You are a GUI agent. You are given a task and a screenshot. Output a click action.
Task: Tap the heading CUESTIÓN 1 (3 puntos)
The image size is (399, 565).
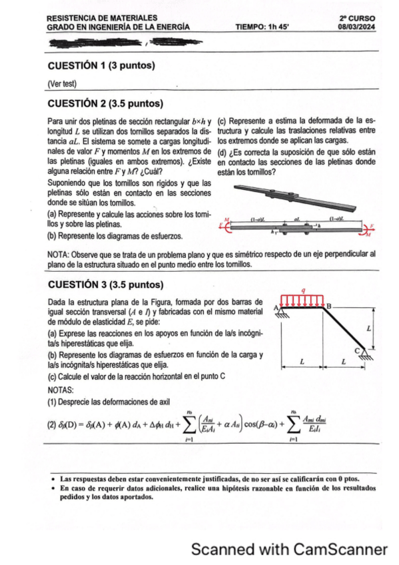coord(102,65)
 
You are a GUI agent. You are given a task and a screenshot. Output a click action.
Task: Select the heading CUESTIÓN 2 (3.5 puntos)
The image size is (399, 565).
coord(106,103)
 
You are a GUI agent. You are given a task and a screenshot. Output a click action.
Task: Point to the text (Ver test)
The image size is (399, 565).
coord(63,83)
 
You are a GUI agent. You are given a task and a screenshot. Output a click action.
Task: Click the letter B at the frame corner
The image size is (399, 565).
coord(327,306)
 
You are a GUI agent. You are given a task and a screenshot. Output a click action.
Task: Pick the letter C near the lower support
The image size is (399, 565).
coord(357,350)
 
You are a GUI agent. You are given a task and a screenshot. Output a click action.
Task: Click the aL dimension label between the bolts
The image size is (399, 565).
coord(297,218)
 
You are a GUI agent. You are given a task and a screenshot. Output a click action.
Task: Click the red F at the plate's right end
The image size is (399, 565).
coord(373,225)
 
